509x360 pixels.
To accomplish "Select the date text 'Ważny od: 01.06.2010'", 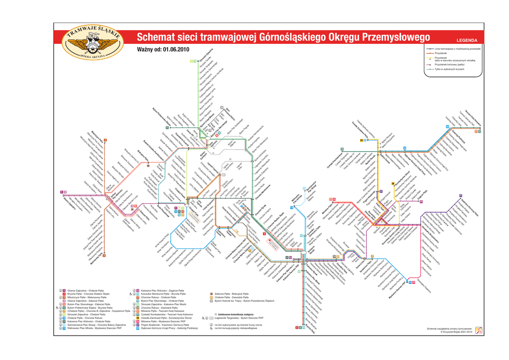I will tap(163, 49).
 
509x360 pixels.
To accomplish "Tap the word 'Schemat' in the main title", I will tap(156, 37).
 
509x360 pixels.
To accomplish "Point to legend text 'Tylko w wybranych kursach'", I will tap(449, 69).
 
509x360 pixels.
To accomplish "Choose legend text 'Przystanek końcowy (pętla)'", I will tap(449, 64).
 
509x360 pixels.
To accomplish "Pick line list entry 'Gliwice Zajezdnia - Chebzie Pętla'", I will tap(85, 290).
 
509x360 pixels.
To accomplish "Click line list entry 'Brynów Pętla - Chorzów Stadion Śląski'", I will tap(88, 294).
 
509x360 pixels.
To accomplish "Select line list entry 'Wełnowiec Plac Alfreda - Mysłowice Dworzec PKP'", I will tap(94, 328).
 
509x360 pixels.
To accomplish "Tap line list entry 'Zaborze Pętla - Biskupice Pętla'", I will tap(232, 294).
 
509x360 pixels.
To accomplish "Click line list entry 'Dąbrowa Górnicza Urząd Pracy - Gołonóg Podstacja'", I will tap(170, 328).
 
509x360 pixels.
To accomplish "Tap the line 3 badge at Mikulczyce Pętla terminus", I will tap(105, 140).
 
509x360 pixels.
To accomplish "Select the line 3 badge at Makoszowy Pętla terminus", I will tap(104, 256).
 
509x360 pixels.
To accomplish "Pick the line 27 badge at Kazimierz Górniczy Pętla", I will tap(461, 195).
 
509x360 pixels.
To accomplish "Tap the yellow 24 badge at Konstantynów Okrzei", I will tap(361, 140).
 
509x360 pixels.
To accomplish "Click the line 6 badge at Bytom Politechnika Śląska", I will tap(168, 128).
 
